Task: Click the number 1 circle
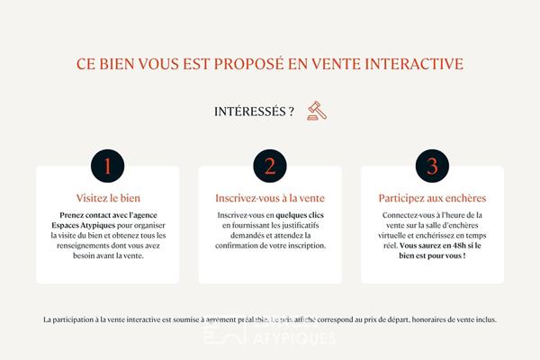pyautogui.click(x=108, y=166)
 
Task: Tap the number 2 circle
pyautogui.click(x=270, y=166)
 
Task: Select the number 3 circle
pyautogui.click(x=432, y=166)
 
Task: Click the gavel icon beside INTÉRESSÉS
pyautogui.click(x=315, y=112)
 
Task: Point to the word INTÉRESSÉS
pyautogui.click(x=254, y=112)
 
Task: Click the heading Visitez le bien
pyautogui.click(x=108, y=197)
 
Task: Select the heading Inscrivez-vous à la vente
pyautogui.click(x=270, y=197)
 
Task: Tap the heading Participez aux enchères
pyautogui.click(x=432, y=197)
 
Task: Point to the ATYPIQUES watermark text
pyautogui.click(x=298, y=338)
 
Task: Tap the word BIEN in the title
pyautogui.click(x=115, y=65)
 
